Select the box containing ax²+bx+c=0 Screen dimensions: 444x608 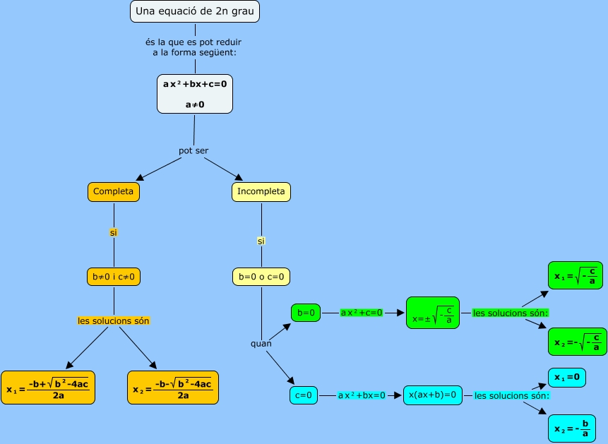pyautogui.click(x=194, y=94)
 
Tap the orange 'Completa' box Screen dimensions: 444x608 pyautogui.click(x=113, y=191)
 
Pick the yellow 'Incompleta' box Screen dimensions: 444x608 pyautogui.click(x=261, y=191)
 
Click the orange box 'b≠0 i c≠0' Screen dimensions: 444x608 pyautogui.click(x=113, y=276)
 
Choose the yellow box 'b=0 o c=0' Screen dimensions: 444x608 pyautogui.click(x=261, y=276)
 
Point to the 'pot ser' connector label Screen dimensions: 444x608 pyautogui.click(x=193, y=150)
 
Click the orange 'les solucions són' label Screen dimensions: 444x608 pyautogui.click(x=113, y=320)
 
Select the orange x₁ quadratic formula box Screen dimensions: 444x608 pyautogui.click(x=47, y=388)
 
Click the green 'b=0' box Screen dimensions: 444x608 pyautogui.click(x=306, y=312)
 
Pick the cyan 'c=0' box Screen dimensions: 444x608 pyautogui.click(x=304, y=395)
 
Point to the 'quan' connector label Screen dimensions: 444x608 pyautogui.click(x=261, y=344)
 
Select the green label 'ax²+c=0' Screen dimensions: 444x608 pyautogui.click(x=361, y=312)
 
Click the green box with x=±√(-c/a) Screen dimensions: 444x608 pyautogui.click(x=432, y=313)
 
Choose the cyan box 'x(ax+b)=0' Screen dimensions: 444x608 pyautogui.click(x=432, y=395)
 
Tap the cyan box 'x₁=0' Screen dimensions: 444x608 pyautogui.click(x=567, y=378)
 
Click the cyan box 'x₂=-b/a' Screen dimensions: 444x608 pyautogui.click(x=571, y=428)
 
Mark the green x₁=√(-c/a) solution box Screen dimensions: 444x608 pyautogui.click(x=576, y=276)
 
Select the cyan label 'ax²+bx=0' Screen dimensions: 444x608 pyautogui.click(x=362, y=395)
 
